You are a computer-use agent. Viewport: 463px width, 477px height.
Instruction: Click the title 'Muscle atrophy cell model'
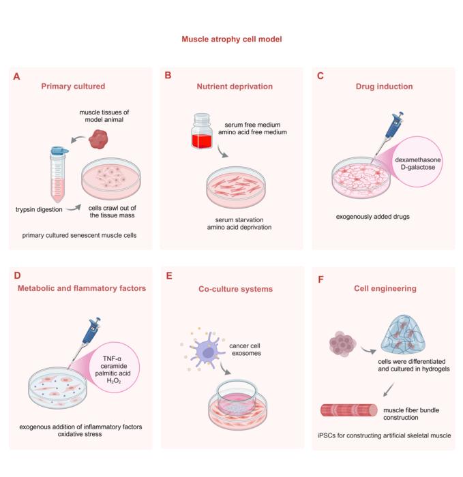pos(231,40)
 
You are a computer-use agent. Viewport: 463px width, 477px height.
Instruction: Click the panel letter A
pos(16,77)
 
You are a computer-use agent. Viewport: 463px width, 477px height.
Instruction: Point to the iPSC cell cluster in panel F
pos(344,343)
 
